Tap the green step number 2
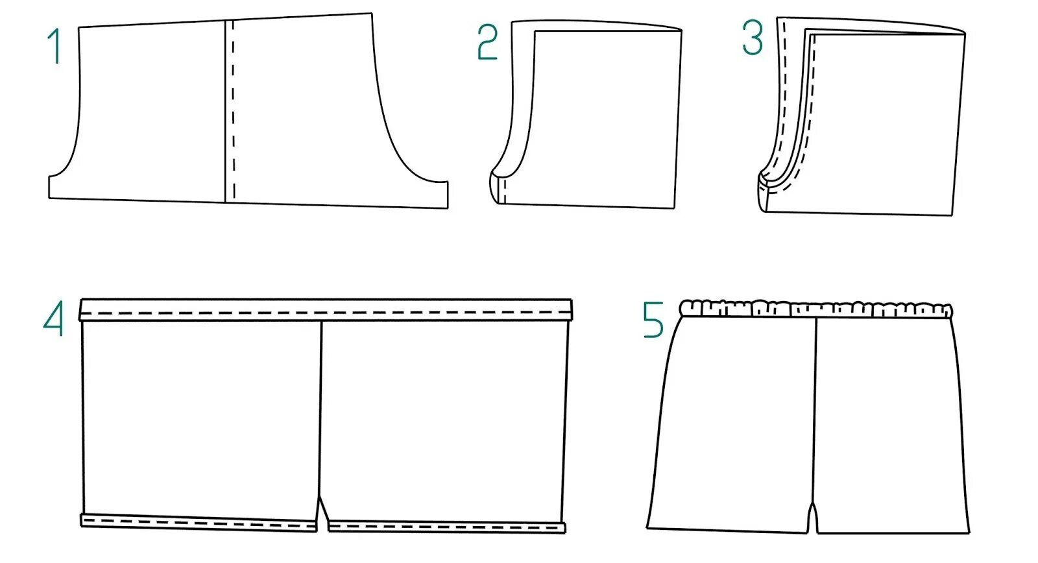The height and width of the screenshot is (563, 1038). (487, 43)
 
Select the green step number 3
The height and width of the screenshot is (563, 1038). (753, 38)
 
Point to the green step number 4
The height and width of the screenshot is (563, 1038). (53, 319)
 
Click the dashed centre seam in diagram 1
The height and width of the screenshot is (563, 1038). (234, 110)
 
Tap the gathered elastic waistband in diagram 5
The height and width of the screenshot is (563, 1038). (816, 308)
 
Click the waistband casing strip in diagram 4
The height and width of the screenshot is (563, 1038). (324, 310)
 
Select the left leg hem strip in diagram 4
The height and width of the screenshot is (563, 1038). (198, 521)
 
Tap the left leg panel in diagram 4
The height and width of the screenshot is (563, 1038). (201, 415)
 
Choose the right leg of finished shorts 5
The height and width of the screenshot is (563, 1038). (889, 422)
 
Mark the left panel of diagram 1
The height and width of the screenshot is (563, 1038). (152, 110)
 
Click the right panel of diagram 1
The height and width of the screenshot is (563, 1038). (305, 110)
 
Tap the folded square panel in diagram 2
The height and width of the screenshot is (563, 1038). (607, 117)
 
